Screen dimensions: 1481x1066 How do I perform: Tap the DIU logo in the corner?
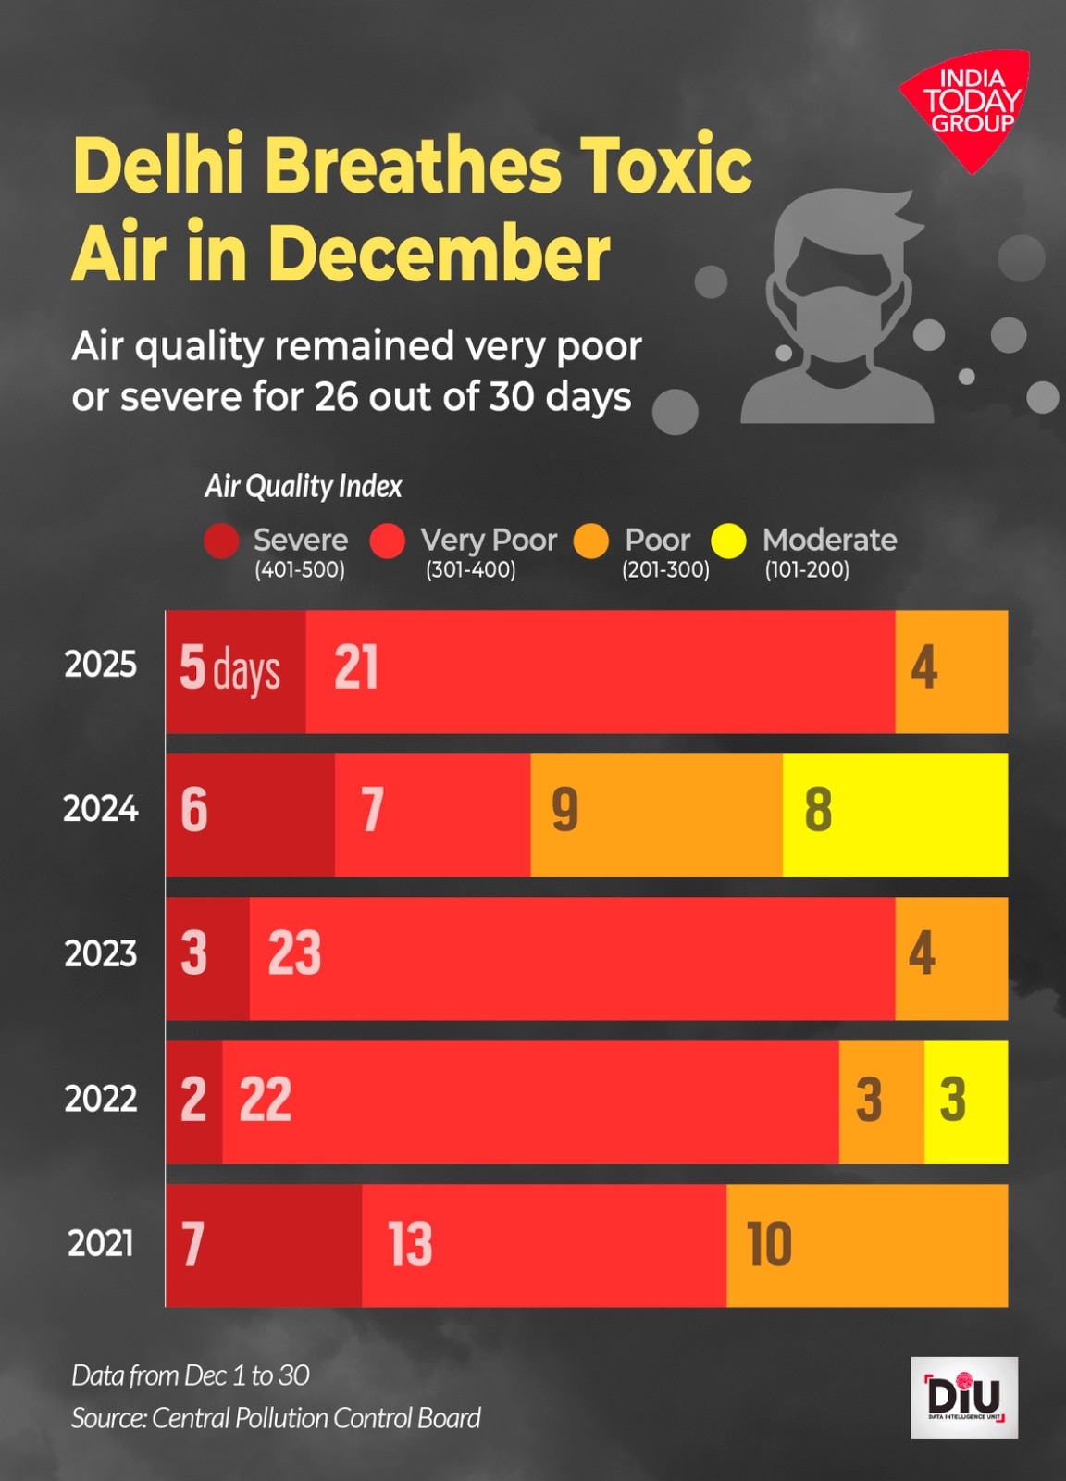[964, 1397]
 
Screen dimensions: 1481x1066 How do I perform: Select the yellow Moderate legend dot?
[728, 541]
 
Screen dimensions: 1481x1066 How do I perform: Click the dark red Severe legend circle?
[221, 541]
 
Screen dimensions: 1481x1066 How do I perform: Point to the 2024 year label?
[100, 809]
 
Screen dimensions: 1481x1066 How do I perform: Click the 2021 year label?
[100, 1242]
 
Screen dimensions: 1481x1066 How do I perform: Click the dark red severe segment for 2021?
[264, 1245]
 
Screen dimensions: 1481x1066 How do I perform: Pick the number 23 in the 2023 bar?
[294, 953]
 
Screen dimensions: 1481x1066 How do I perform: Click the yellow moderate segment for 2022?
[965, 1101]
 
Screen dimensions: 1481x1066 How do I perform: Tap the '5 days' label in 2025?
[229, 668]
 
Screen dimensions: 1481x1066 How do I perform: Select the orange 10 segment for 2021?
[867, 1245]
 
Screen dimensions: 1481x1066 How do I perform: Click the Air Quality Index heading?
[303, 486]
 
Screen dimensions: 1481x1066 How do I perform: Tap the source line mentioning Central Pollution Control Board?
[276, 1418]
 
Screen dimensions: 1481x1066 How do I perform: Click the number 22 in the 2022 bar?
[265, 1100]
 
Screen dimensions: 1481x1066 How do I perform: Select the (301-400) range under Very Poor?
[470, 569]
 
